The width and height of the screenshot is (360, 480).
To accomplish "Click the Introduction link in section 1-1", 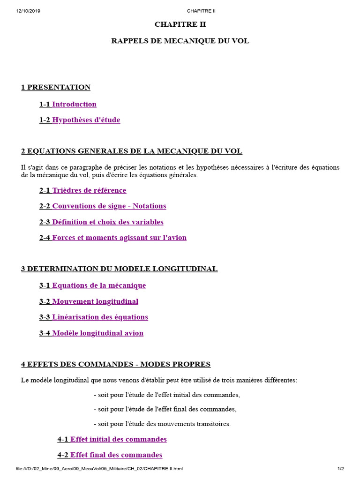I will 74,104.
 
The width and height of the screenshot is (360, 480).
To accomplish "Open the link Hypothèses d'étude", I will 86,120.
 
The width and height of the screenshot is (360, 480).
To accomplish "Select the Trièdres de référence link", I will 89,190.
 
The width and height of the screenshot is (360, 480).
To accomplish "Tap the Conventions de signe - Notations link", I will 109,206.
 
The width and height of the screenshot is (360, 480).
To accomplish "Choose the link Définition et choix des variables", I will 107,222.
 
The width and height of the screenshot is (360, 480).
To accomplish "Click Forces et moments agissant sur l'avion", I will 119,238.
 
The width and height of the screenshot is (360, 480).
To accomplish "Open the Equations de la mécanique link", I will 98,285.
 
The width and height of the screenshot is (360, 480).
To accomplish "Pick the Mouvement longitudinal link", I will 95,301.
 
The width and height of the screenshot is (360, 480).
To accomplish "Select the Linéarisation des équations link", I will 100,317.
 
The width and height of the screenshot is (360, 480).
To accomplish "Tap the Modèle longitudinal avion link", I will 97,333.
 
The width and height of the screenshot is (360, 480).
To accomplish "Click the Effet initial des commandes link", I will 118,439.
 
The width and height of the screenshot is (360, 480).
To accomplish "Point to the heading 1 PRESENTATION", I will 56,87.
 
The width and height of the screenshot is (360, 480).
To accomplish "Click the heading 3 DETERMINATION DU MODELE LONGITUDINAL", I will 119,269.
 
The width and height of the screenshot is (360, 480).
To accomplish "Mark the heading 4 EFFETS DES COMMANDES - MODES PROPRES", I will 116,364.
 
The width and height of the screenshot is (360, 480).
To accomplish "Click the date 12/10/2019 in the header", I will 28,11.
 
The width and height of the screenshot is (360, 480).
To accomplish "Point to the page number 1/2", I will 341,469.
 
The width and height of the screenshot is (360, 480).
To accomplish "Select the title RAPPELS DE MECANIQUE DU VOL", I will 180,41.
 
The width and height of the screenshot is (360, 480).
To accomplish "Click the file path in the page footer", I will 99,469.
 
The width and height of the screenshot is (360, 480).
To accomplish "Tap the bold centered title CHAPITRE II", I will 180,24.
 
